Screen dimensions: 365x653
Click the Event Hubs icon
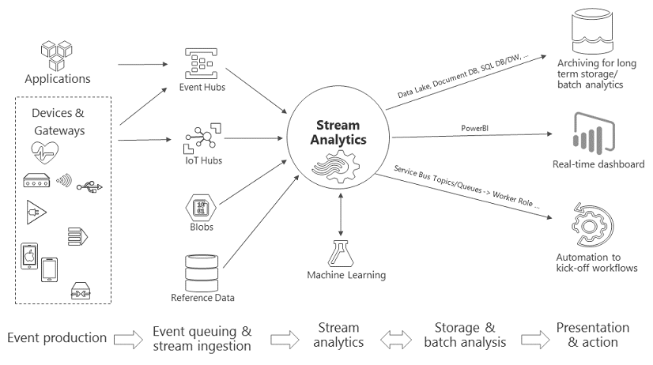click(x=202, y=62)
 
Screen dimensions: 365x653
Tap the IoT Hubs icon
click(x=202, y=139)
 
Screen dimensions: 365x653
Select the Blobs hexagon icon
click(x=202, y=209)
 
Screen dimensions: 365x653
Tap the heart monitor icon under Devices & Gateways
click(x=47, y=150)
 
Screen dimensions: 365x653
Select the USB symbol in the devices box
click(x=89, y=186)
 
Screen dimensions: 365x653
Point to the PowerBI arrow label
click(x=475, y=128)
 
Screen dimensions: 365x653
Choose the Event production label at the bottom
click(x=57, y=338)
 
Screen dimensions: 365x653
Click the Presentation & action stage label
click(x=593, y=334)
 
